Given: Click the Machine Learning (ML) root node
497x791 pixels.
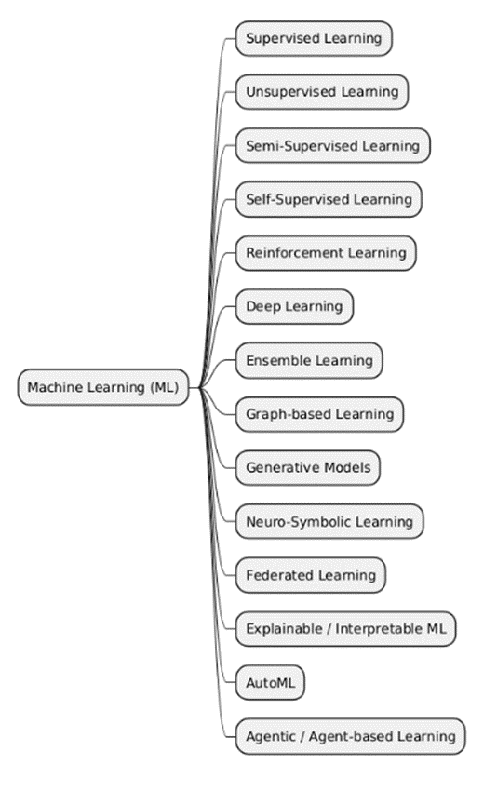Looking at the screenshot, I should coord(102,387).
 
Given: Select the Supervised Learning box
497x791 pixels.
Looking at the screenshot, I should coord(314,38).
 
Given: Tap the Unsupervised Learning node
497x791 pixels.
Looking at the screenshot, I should coord(321,91).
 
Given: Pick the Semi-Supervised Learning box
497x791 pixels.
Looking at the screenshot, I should coord(332,145).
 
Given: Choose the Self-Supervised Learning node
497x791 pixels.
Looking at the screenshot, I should coord(328,199).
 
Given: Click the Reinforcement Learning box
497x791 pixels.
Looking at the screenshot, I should coord(326,252).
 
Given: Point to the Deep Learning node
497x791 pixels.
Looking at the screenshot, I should coord(294,306).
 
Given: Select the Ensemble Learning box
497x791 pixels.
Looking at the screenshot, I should coord(308,360).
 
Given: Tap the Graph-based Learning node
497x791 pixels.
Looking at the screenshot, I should coord(319,413).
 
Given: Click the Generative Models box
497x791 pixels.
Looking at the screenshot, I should coord(308,467).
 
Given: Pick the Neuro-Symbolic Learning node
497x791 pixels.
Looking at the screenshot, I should coord(329,521).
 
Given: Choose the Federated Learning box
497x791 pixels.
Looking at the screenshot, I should coord(310,575).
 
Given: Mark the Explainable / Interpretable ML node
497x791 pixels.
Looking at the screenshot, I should coord(345,629).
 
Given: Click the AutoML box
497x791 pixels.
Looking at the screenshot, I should coord(269,682).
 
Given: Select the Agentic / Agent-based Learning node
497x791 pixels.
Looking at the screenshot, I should coord(350,736).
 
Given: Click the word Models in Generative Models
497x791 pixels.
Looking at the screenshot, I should coord(349,467).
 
